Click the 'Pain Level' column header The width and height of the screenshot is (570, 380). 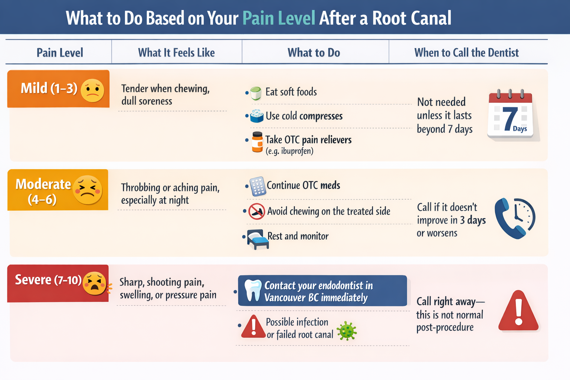coord(60,53)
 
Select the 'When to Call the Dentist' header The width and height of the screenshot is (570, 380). coord(466,53)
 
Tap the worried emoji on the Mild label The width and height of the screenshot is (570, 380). coord(92,91)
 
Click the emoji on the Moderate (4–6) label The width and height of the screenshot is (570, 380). coord(88,190)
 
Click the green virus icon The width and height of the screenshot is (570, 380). coord(347,331)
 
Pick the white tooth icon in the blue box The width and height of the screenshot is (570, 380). coord(253,290)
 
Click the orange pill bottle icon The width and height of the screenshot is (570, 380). coord(257,142)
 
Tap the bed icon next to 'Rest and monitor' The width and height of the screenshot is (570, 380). coord(258,239)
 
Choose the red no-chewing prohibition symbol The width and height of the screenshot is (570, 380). coord(256,212)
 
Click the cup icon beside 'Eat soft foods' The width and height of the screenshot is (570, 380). coord(256,93)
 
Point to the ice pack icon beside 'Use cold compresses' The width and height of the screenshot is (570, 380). coord(256,116)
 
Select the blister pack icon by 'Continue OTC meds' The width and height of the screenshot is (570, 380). coord(258,186)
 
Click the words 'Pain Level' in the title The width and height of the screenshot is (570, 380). coord(279,18)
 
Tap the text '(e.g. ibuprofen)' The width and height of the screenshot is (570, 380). coord(289,151)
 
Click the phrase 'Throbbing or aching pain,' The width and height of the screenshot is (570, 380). coord(170,188)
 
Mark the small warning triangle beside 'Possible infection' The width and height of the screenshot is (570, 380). coord(253,327)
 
